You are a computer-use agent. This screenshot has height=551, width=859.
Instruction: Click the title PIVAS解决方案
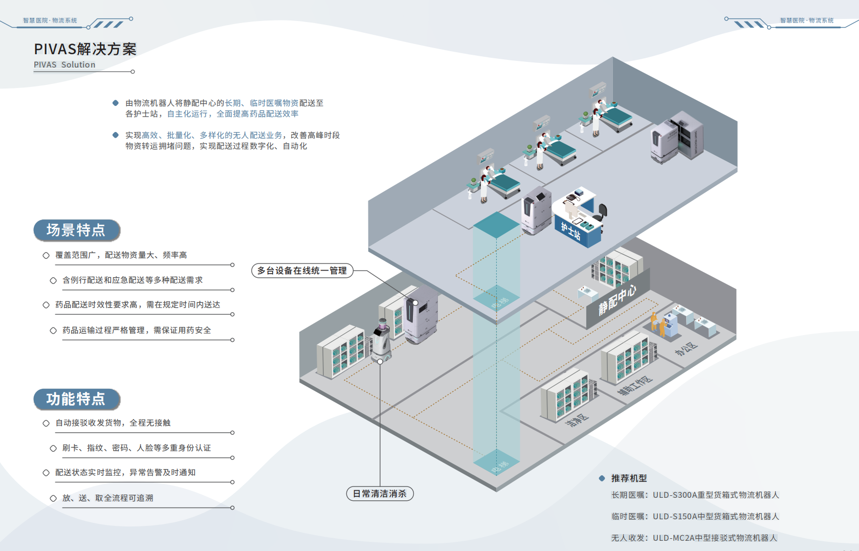pyautogui.click(x=85, y=49)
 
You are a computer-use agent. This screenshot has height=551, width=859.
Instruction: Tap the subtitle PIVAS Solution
pyautogui.click(x=64, y=65)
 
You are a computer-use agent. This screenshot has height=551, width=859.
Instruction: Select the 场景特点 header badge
pyautogui.click(x=77, y=230)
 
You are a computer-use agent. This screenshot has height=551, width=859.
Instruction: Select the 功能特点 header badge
pyautogui.click(x=77, y=399)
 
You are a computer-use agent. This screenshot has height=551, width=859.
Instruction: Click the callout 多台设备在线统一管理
pyautogui.click(x=302, y=271)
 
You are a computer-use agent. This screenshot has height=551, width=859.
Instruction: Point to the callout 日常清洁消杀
pyautogui.click(x=380, y=494)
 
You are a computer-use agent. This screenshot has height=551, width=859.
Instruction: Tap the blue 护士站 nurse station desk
pyautogui.click(x=578, y=230)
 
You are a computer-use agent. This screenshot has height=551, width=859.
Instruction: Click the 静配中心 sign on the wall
pyautogui.click(x=618, y=300)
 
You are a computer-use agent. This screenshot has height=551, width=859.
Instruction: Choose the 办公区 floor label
pyautogui.click(x=686, y=349)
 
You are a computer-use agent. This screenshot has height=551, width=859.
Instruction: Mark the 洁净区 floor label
pyautogui.click(x=577, y=421)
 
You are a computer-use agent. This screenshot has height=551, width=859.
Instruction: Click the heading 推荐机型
pyautogui.click(x=629, y=478)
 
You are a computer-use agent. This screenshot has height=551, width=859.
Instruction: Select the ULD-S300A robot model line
pyautogui.click(x=695, y=495)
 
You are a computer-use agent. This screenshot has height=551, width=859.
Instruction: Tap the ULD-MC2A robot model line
pyautogui.click(x=694, y=538)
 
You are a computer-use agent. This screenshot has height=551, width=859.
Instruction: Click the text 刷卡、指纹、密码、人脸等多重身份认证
pyautogui.click(x=137, y=448)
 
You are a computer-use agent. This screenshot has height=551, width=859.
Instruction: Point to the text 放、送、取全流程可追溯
pyautogui.click(x=107, y=498)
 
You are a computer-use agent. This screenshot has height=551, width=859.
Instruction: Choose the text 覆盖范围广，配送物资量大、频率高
pyautogui.click(x=121, y=255)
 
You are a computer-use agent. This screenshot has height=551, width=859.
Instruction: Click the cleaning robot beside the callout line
pyautogui.click(x=381, y=340)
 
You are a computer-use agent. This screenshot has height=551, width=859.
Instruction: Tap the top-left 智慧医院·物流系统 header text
pyautogui.click(x=50, y=20)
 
